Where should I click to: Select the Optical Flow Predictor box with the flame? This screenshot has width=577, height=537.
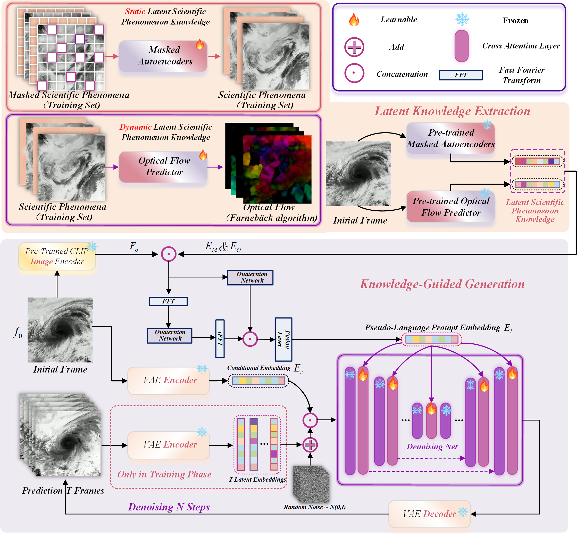click(x=163, y=167)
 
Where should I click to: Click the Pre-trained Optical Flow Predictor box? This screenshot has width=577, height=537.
click(x=450, y=206)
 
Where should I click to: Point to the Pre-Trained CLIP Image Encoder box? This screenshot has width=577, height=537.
click(x=57, y=257)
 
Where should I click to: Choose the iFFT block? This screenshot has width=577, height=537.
click(x=220, y=339)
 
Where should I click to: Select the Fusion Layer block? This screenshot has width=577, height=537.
click(x=283, y=339)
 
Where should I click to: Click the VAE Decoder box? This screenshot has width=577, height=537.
click(x=429, y=514)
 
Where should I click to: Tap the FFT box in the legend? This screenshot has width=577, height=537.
click(x=461, y=75)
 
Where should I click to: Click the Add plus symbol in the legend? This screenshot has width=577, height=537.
click(x=354, y=47)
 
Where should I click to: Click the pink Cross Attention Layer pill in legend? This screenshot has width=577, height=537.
click(x=462, y=46)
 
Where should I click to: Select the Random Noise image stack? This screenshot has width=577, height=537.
click(x=311, y=484)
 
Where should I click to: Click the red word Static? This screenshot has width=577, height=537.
click(x=135, y=11)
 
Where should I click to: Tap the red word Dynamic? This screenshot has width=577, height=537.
click(x=136, y=127)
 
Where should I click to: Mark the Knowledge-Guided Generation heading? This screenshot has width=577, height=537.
click(x=442, y=284)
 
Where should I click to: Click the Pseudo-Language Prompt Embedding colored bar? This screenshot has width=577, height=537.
click(x=432, y=339)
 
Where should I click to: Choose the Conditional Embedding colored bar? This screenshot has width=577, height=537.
click(x=258, y=381)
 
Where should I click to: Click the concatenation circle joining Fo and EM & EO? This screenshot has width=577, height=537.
click(x=169, y=254)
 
